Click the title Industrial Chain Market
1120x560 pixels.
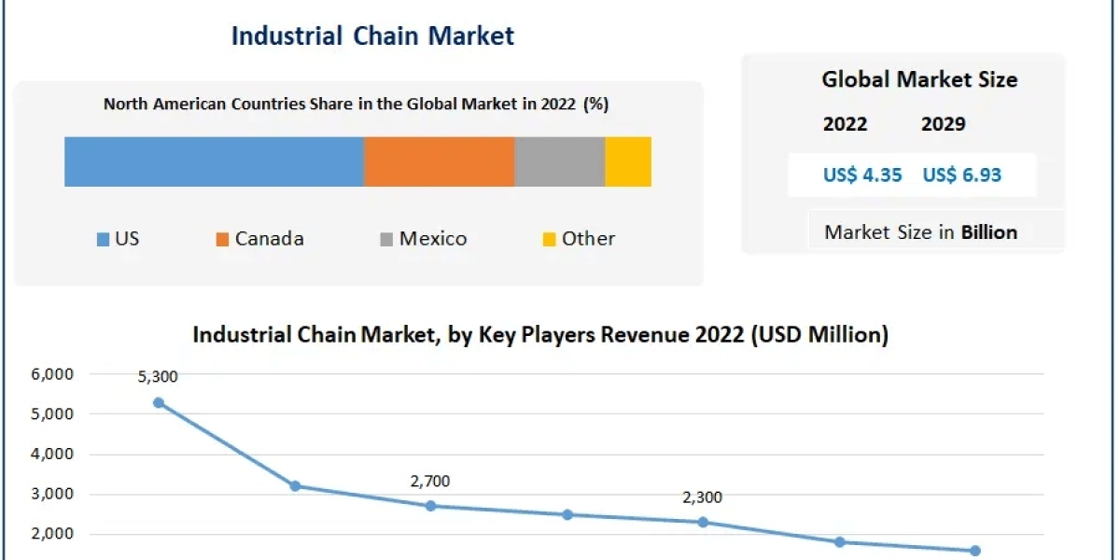[372, 35]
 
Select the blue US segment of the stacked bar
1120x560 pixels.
[214, 161]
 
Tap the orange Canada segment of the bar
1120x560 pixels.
[439, 161]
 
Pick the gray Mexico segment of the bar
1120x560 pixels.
[560, 161]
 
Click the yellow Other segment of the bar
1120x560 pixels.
[628, 161]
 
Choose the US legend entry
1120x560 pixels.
[118, 239]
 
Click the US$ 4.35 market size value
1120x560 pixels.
[862, 175]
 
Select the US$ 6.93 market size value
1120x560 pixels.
[961, 175]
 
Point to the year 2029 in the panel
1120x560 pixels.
[943, 124]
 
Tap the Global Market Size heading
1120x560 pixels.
[919, 79]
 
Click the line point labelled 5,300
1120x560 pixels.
[159, 402]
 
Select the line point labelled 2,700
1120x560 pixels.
[430, 506]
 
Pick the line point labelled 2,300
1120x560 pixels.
[702, 522]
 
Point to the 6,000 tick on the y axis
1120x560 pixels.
[55, 374]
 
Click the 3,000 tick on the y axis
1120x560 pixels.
[55, 495]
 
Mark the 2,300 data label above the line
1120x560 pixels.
[702, 497]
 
